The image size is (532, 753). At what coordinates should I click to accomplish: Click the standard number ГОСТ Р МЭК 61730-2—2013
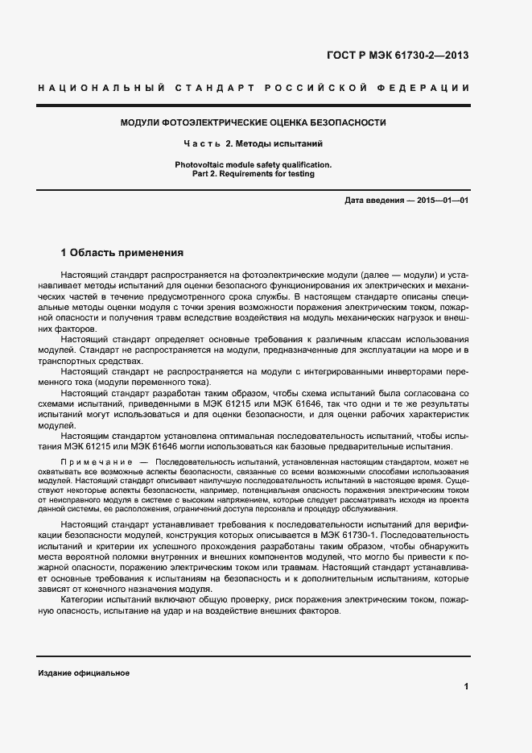(397, 56)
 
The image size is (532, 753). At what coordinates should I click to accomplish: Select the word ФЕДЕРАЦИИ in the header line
(431, 87)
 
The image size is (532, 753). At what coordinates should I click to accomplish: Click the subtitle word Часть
(202, 144)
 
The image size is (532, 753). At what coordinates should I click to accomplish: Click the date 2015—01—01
(443, 200)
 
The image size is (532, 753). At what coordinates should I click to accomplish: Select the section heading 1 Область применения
(122, 252)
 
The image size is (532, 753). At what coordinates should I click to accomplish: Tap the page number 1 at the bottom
(466, 687)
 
